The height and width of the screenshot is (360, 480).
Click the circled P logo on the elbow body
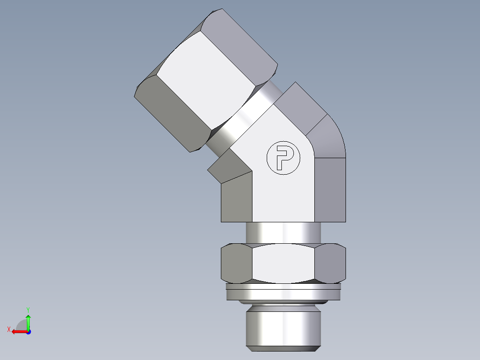click(x=283, y=157)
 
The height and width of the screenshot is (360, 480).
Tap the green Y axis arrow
click(x=28, y=322)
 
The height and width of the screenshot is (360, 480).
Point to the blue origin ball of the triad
click(x=28, y=331)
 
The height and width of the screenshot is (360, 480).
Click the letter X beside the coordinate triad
click(x=8, y=329)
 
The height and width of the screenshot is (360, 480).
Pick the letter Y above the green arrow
click(x=28, y=309)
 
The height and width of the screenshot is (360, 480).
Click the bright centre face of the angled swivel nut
click(x=205, y=80)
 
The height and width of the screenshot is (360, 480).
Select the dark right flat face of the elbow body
click(x=330, y=189)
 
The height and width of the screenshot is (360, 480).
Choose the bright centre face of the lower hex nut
click(x=283, y=263)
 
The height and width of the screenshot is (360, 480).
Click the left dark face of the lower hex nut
click(x=236, y=263)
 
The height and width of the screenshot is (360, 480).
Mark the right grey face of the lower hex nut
click(x=330, y=263)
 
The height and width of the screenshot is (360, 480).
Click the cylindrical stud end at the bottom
click(x=283, y=325)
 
